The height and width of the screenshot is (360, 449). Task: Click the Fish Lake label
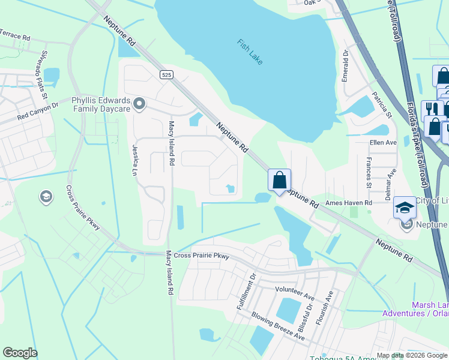250,52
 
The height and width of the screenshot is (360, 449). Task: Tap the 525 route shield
167,74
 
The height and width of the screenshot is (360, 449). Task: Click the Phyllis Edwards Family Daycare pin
139,104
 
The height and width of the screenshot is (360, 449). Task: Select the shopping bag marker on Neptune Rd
280,180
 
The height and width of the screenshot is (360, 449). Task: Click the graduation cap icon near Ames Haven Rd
405,208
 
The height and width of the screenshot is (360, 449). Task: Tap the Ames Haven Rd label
349,203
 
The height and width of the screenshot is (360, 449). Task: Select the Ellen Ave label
384,143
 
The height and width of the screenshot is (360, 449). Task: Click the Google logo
20,353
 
